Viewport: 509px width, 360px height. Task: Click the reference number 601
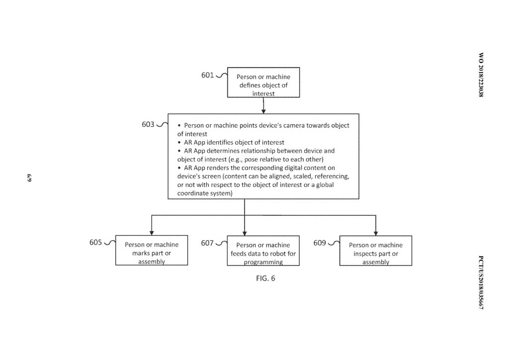(207, 75)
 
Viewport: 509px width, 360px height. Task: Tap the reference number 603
(148, 124)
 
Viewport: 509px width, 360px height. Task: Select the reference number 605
(95, 243)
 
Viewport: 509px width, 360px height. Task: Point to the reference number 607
(207, 243)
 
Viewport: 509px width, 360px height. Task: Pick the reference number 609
(320, 243)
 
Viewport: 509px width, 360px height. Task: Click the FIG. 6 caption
(265, 278)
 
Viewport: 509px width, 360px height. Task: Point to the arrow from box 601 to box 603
(263, 105)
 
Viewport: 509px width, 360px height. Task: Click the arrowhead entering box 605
(152, 233)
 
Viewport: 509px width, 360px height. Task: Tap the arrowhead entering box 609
(376, 233)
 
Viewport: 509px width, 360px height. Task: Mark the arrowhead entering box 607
(245, 233)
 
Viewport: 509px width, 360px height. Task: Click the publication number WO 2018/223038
(481, 75)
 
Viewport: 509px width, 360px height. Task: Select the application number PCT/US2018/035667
(481, 283)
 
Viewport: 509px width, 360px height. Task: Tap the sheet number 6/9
(29, 178)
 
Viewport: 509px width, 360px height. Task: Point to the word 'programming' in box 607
(263, 262)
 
